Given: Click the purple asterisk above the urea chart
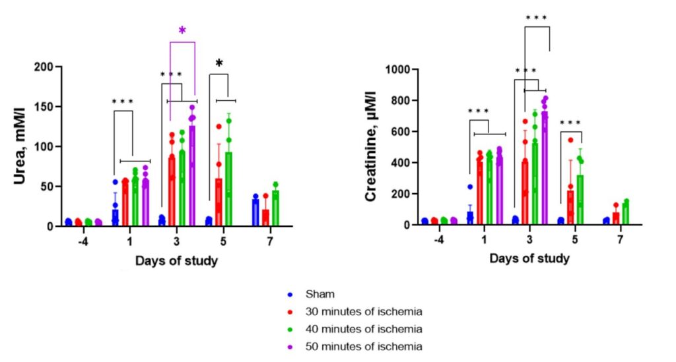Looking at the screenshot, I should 183,30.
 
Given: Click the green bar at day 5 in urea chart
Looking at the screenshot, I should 229,191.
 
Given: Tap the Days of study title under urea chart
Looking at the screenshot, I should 176,260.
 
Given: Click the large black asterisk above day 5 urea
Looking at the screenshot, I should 219,64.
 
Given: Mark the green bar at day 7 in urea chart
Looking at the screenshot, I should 275,208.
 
